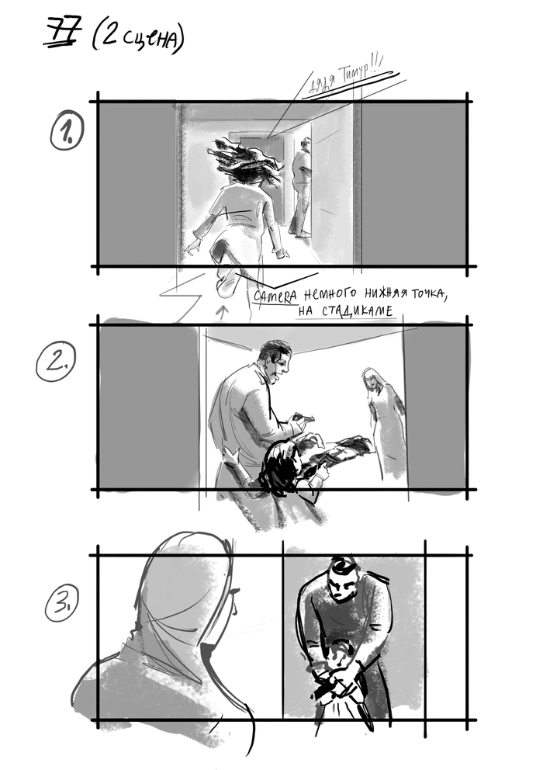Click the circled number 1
point(67,133)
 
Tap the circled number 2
point(55,362)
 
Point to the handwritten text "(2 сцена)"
point(138,37)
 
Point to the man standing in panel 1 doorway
point(301,186)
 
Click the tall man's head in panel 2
point(275,361)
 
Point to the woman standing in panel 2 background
point(383,419)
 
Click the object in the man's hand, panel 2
point(303,419)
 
